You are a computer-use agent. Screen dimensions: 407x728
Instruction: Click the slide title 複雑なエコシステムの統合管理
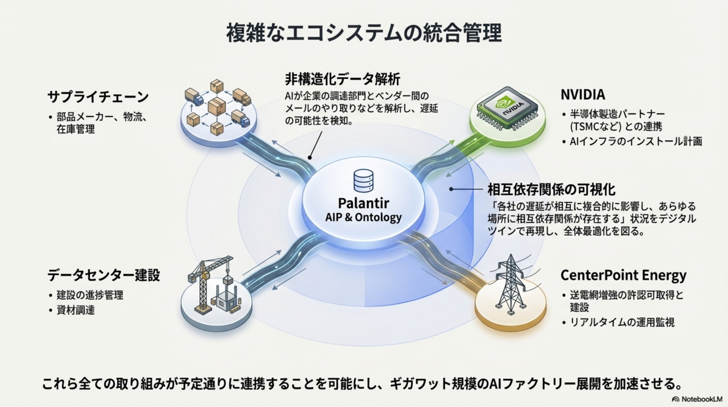click(x=364, y=33)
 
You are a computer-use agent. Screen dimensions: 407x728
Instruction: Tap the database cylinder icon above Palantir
click(x=363, y=180)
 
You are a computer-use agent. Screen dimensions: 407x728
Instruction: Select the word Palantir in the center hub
click(x=363, y=203)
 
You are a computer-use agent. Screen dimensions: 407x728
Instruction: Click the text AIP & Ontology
click(x=363, y=217)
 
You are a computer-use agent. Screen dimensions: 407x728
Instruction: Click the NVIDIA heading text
click(x=583, y=95)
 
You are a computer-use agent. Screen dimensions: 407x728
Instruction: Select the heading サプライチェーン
click(x=98, y=97)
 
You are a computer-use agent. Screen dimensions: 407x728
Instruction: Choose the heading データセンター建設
click(x=103, y=275)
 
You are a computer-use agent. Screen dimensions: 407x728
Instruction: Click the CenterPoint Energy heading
click(x=623, y=275)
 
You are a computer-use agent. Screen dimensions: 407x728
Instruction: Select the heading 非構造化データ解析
click(x=342, y=79)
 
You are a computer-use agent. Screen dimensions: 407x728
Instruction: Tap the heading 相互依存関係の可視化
click(x=551, y=189)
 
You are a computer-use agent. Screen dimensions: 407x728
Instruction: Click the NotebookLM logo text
click(x=702, y=399)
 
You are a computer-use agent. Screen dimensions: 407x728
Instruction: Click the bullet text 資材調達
click(x=75, y=310)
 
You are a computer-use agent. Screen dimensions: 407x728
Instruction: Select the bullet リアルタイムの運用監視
click(x=622, y=322)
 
